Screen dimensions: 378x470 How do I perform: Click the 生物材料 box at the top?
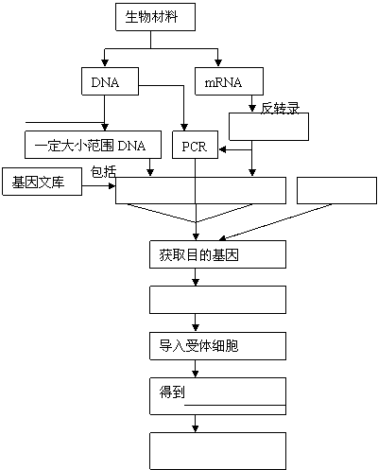(155, 17)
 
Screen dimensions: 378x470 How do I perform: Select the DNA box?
(110, 81)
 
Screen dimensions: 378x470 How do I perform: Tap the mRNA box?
(229, 81)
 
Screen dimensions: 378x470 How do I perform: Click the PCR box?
(195, 145)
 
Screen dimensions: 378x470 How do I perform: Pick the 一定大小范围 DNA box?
(93, 145)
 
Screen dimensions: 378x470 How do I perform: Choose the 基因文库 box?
(42, 182)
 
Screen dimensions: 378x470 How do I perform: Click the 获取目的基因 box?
(217, 254)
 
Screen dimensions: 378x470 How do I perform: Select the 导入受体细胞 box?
(217, 346)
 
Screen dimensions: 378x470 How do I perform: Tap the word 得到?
(172, 392)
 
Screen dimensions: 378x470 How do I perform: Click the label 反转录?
(280, 108)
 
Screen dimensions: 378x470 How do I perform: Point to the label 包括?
(104, 172)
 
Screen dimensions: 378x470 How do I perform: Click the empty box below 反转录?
(268, 127)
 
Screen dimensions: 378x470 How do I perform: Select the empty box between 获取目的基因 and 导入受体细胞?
(217, 300)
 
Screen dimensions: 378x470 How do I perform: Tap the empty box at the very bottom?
(217, 451)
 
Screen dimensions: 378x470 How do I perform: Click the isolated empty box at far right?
(336, 190)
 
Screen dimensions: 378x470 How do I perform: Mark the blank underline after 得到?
(235, 405)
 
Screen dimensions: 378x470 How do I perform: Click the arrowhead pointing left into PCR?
(222, 149)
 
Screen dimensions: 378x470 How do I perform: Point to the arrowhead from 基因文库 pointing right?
(112, 186)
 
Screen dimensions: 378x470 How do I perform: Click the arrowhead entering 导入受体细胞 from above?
(196, 327)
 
